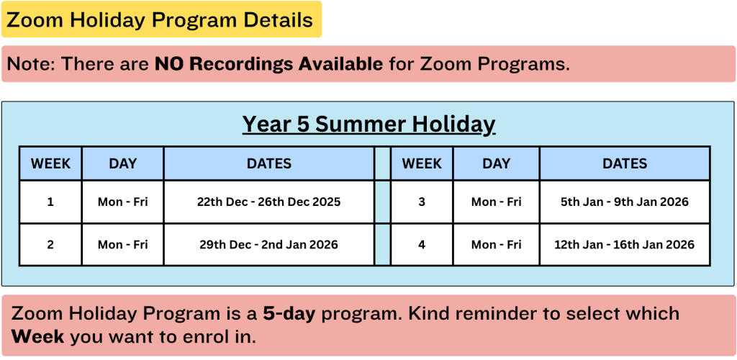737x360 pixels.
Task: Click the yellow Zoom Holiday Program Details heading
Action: (x=161, y=19)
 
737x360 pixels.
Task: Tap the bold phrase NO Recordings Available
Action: (x=269, y=64)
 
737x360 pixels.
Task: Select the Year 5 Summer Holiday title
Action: (x=369, y=125)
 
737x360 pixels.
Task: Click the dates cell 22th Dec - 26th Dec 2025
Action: (x=269, y=202)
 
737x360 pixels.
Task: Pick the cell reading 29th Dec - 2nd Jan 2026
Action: (x=269, y=244)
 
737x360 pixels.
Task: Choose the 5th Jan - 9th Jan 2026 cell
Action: (x=625, y=202)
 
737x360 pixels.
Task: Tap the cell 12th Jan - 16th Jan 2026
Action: (x=625, y=244)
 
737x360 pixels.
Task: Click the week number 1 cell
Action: (x=50, y=202)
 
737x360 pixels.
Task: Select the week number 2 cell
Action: (x=50, y=244)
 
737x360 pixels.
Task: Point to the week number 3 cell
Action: (x=422, y=202)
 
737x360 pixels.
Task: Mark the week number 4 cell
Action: (x=422, y=244)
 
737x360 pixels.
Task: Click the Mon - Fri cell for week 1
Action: (x=122, y=202)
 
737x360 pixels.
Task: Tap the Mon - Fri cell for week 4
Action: (x=497, y=244)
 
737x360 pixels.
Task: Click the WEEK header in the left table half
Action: (x=50, y=163)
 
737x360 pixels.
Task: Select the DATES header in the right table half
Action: (x=625, y=163)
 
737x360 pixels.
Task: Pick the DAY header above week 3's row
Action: (x=497, y=163)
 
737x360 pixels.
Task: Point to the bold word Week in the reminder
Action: (x=37, y=337)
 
